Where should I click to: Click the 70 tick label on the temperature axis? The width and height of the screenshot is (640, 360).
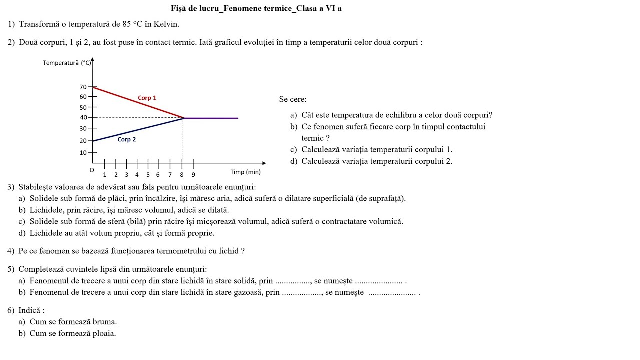[83, 87]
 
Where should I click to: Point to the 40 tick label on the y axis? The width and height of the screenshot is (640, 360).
[83, 118]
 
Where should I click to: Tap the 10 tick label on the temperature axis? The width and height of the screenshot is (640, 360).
[83, 153]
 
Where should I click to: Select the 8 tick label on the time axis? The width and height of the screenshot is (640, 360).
[182, 175]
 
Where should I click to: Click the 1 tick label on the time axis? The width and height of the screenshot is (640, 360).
[104, 175]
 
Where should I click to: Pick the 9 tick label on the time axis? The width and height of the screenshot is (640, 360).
[193, 175]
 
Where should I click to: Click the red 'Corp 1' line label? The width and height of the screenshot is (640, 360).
[147, 98]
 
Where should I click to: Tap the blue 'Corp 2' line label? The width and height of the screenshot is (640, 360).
[127, 139]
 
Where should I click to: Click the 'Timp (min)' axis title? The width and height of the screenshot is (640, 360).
[245, 172]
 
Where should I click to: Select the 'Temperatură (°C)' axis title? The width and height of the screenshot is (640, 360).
[67, 63]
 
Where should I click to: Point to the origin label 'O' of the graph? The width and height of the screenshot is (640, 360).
[92, 170]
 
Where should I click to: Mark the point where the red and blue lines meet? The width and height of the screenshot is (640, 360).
[184, 118]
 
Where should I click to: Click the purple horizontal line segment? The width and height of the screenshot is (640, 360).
[212, 118]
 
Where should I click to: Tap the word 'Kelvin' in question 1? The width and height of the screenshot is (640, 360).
[166, 24]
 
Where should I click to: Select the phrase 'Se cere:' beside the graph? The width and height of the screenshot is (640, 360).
[293, 99]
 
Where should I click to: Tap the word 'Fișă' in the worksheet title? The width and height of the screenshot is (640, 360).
[178, 8]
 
